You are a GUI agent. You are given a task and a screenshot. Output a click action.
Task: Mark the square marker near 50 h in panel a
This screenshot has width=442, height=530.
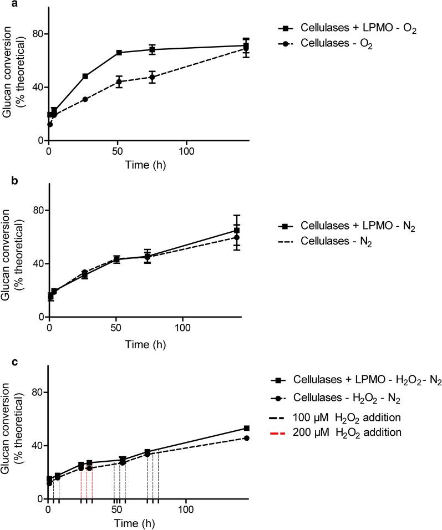tap(119, 53)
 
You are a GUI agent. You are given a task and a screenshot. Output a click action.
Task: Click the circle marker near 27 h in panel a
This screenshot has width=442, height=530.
tap(85, 99)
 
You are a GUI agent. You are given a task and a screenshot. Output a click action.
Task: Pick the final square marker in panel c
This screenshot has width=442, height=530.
tap(246, 428)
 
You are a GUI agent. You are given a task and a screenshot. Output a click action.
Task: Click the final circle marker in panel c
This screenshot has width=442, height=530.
tap(246, 438)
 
